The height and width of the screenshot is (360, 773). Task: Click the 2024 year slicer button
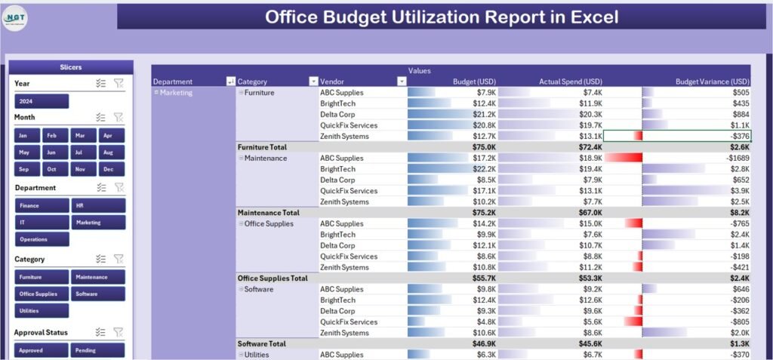tap(42, 101)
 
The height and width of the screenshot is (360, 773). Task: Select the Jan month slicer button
tap(24, 135)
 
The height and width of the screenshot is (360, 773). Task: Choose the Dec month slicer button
tap(109, 170)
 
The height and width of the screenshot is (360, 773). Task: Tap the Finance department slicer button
tap(42, 205)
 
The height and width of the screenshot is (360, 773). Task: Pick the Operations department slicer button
tap(42, 239)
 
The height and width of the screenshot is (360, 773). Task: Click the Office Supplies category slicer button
tap(42, 294)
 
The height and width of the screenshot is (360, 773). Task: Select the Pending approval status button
tap(97, 350)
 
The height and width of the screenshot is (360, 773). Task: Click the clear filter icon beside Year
tap(119, 83)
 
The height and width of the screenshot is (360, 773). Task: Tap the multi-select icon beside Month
tap(101, 117)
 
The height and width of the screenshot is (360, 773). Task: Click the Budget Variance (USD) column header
tap(712, 82)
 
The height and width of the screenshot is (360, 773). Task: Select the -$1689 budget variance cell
tap(737, 158)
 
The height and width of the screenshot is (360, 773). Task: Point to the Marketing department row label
tap(176, 93)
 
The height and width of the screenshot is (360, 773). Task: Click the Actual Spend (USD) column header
tap(570, 82)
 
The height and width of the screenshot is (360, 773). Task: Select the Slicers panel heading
tap(72, 67)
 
